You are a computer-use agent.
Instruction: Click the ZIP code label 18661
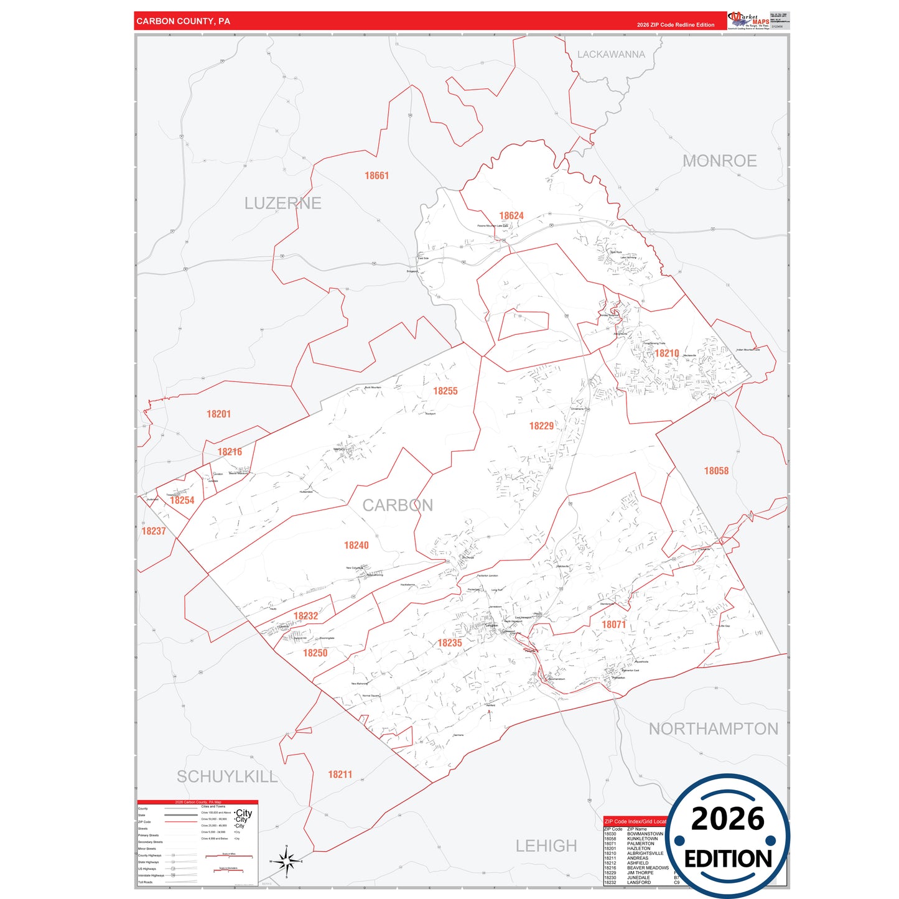click(376, 176)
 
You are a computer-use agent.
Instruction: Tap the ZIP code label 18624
click(511, 216)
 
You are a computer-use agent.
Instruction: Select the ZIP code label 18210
click(666, 353)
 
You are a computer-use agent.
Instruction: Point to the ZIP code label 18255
click(445, 391)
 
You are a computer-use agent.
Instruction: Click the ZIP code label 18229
click(541, 426)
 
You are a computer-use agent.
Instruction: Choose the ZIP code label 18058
click(716, 471)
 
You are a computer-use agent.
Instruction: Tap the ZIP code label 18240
click(356, 546)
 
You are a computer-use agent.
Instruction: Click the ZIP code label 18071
click(613, 625)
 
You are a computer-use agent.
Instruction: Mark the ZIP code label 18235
click(450, 643)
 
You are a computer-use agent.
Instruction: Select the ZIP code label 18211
click(340, 775)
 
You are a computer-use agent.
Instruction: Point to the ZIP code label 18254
click(182, 500)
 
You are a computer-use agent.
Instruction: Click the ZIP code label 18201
click(218, 414)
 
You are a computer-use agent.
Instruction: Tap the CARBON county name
click(398, 505)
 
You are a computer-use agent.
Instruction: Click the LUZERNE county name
click(282, 203)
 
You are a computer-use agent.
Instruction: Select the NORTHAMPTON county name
click(713, 729)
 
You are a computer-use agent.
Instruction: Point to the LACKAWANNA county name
click(611, 55)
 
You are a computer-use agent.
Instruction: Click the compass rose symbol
click(286, 862)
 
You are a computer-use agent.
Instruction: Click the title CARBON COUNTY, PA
click(183, 21)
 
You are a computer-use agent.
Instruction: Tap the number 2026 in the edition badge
click(727, 819)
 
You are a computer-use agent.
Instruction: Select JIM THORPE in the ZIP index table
click(640, 873)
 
